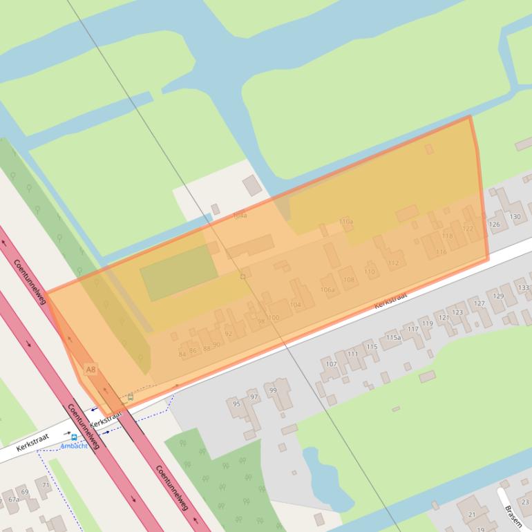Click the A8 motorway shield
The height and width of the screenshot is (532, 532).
point(91,370)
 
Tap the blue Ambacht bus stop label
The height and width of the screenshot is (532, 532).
point(75,446)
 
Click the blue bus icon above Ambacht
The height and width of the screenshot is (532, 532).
point(74,437)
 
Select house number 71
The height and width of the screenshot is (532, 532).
point(46,486)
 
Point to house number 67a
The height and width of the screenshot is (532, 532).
point(14,500)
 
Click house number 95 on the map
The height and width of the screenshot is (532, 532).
point(236,403)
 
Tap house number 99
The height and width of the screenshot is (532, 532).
point(273,391)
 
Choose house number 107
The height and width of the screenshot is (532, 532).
point(331,364)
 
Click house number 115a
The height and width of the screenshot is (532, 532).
point(393,338)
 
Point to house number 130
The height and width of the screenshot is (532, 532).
point(515,217)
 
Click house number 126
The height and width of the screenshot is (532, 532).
point(494,225)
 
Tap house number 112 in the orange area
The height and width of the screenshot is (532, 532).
point(394,263)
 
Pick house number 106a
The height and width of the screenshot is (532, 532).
point(327,289)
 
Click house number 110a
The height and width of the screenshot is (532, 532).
point(346,222)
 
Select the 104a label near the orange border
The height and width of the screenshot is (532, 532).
point(240,216)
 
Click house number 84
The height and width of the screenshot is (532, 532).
point(182,354)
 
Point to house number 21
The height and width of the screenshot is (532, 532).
point(472,515)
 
